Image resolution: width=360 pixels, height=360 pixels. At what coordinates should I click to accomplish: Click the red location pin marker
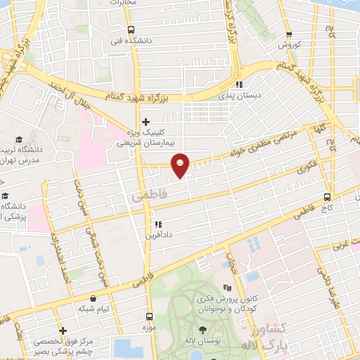point(181,165)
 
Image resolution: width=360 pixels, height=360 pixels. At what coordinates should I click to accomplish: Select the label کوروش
point(288,45)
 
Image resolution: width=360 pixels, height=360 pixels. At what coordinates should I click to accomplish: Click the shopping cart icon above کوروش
point(289,34)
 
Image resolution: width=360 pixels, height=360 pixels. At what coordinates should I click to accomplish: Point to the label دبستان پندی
point(238,95)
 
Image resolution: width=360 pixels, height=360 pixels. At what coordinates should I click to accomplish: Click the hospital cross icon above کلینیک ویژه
point(146,122)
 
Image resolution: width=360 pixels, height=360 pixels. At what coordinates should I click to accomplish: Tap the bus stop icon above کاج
point(327,197)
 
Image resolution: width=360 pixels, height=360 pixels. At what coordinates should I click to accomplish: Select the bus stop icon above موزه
point(148,316)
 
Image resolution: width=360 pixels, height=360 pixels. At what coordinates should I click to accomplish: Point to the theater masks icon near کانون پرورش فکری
point(226,287)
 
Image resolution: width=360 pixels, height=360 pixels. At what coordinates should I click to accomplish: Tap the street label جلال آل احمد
point(70,95)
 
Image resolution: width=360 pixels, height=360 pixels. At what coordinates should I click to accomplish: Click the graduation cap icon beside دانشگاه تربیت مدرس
point(20,140)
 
